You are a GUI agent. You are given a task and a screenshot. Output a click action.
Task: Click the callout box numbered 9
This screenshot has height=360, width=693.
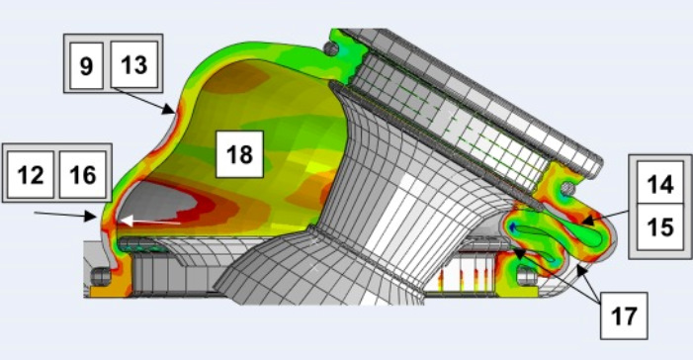pos(86,65)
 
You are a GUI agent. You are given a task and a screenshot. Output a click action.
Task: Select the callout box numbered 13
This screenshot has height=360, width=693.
pos(133,64)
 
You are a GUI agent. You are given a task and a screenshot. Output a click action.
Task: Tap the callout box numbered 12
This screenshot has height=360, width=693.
pos(31,174)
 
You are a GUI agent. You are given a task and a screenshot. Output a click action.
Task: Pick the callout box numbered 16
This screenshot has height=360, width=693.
pos(83,174)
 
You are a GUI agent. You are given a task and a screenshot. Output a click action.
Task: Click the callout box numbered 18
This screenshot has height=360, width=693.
pos(239,154)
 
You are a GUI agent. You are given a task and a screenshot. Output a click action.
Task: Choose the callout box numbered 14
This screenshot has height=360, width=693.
pos(660,184)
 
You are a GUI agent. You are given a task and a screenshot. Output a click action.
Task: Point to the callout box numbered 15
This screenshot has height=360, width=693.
pos(660,227)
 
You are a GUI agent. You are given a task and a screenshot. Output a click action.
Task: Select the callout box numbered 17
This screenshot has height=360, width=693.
pos(624,315)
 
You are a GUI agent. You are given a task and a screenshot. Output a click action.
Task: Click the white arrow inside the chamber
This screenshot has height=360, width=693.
pos(150,221)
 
